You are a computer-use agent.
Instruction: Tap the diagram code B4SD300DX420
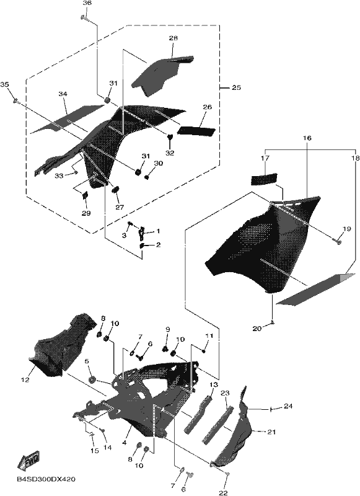coord(46,479)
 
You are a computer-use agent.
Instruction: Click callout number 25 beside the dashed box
coord(236,87)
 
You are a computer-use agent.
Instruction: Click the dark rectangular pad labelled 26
coord(196,131)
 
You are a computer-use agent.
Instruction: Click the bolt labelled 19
coord(337,242)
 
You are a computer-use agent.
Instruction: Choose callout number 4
coord(124,443)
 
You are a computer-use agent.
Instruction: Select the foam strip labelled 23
coord(218,426)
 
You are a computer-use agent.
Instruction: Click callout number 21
coord(272,432)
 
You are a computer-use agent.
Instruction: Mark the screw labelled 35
coord(16,101)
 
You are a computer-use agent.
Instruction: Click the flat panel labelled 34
coord(66,120)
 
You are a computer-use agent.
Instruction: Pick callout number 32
coord(170,153)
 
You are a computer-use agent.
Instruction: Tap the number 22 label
coord(223,492)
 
